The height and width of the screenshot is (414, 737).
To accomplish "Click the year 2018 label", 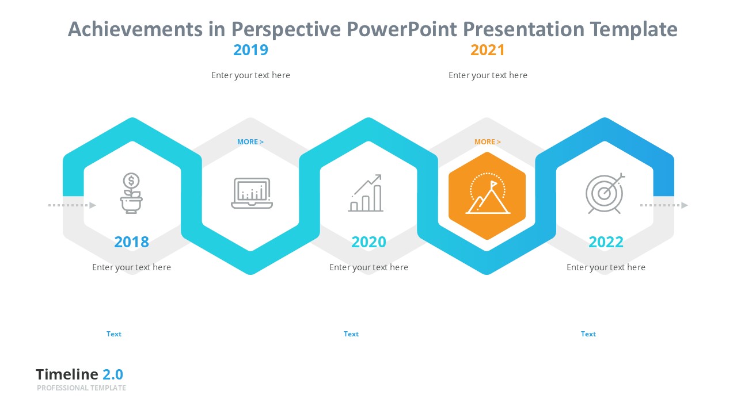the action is click(132, 242).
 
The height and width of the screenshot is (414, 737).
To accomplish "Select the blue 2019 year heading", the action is click(250, 50).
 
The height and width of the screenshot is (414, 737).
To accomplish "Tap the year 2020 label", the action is click(368, 242).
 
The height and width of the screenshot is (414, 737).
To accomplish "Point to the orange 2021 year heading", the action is click(488, 50).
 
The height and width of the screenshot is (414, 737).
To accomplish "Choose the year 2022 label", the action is click(606, 242).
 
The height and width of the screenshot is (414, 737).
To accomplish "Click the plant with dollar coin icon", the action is click(131, 193).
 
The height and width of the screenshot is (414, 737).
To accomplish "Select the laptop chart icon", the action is click(252, 193).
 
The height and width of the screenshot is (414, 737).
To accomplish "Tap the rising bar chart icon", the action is click(366, 193).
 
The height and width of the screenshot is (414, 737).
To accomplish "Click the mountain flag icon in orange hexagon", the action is click(488, 193).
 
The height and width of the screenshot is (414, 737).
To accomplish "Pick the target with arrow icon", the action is click(605, 193).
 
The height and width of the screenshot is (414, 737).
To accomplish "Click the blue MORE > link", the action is click(250, 142).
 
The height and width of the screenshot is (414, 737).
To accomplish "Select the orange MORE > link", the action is click(488, 142).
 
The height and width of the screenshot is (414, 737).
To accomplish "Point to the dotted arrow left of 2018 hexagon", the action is click(72, 205).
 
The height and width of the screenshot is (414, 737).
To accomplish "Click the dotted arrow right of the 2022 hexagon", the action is click(664, 205).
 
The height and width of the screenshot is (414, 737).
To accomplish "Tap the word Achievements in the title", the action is click(135, 29).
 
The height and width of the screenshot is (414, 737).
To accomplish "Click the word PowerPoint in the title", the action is click(401, 29).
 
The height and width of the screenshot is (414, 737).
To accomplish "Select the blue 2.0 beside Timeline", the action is click(113, 374).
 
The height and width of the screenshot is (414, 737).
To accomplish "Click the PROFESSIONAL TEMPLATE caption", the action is click(81, 388).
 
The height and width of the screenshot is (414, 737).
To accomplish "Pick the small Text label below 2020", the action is click(351, 334).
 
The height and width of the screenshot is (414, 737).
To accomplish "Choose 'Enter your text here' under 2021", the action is click(488, 75).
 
